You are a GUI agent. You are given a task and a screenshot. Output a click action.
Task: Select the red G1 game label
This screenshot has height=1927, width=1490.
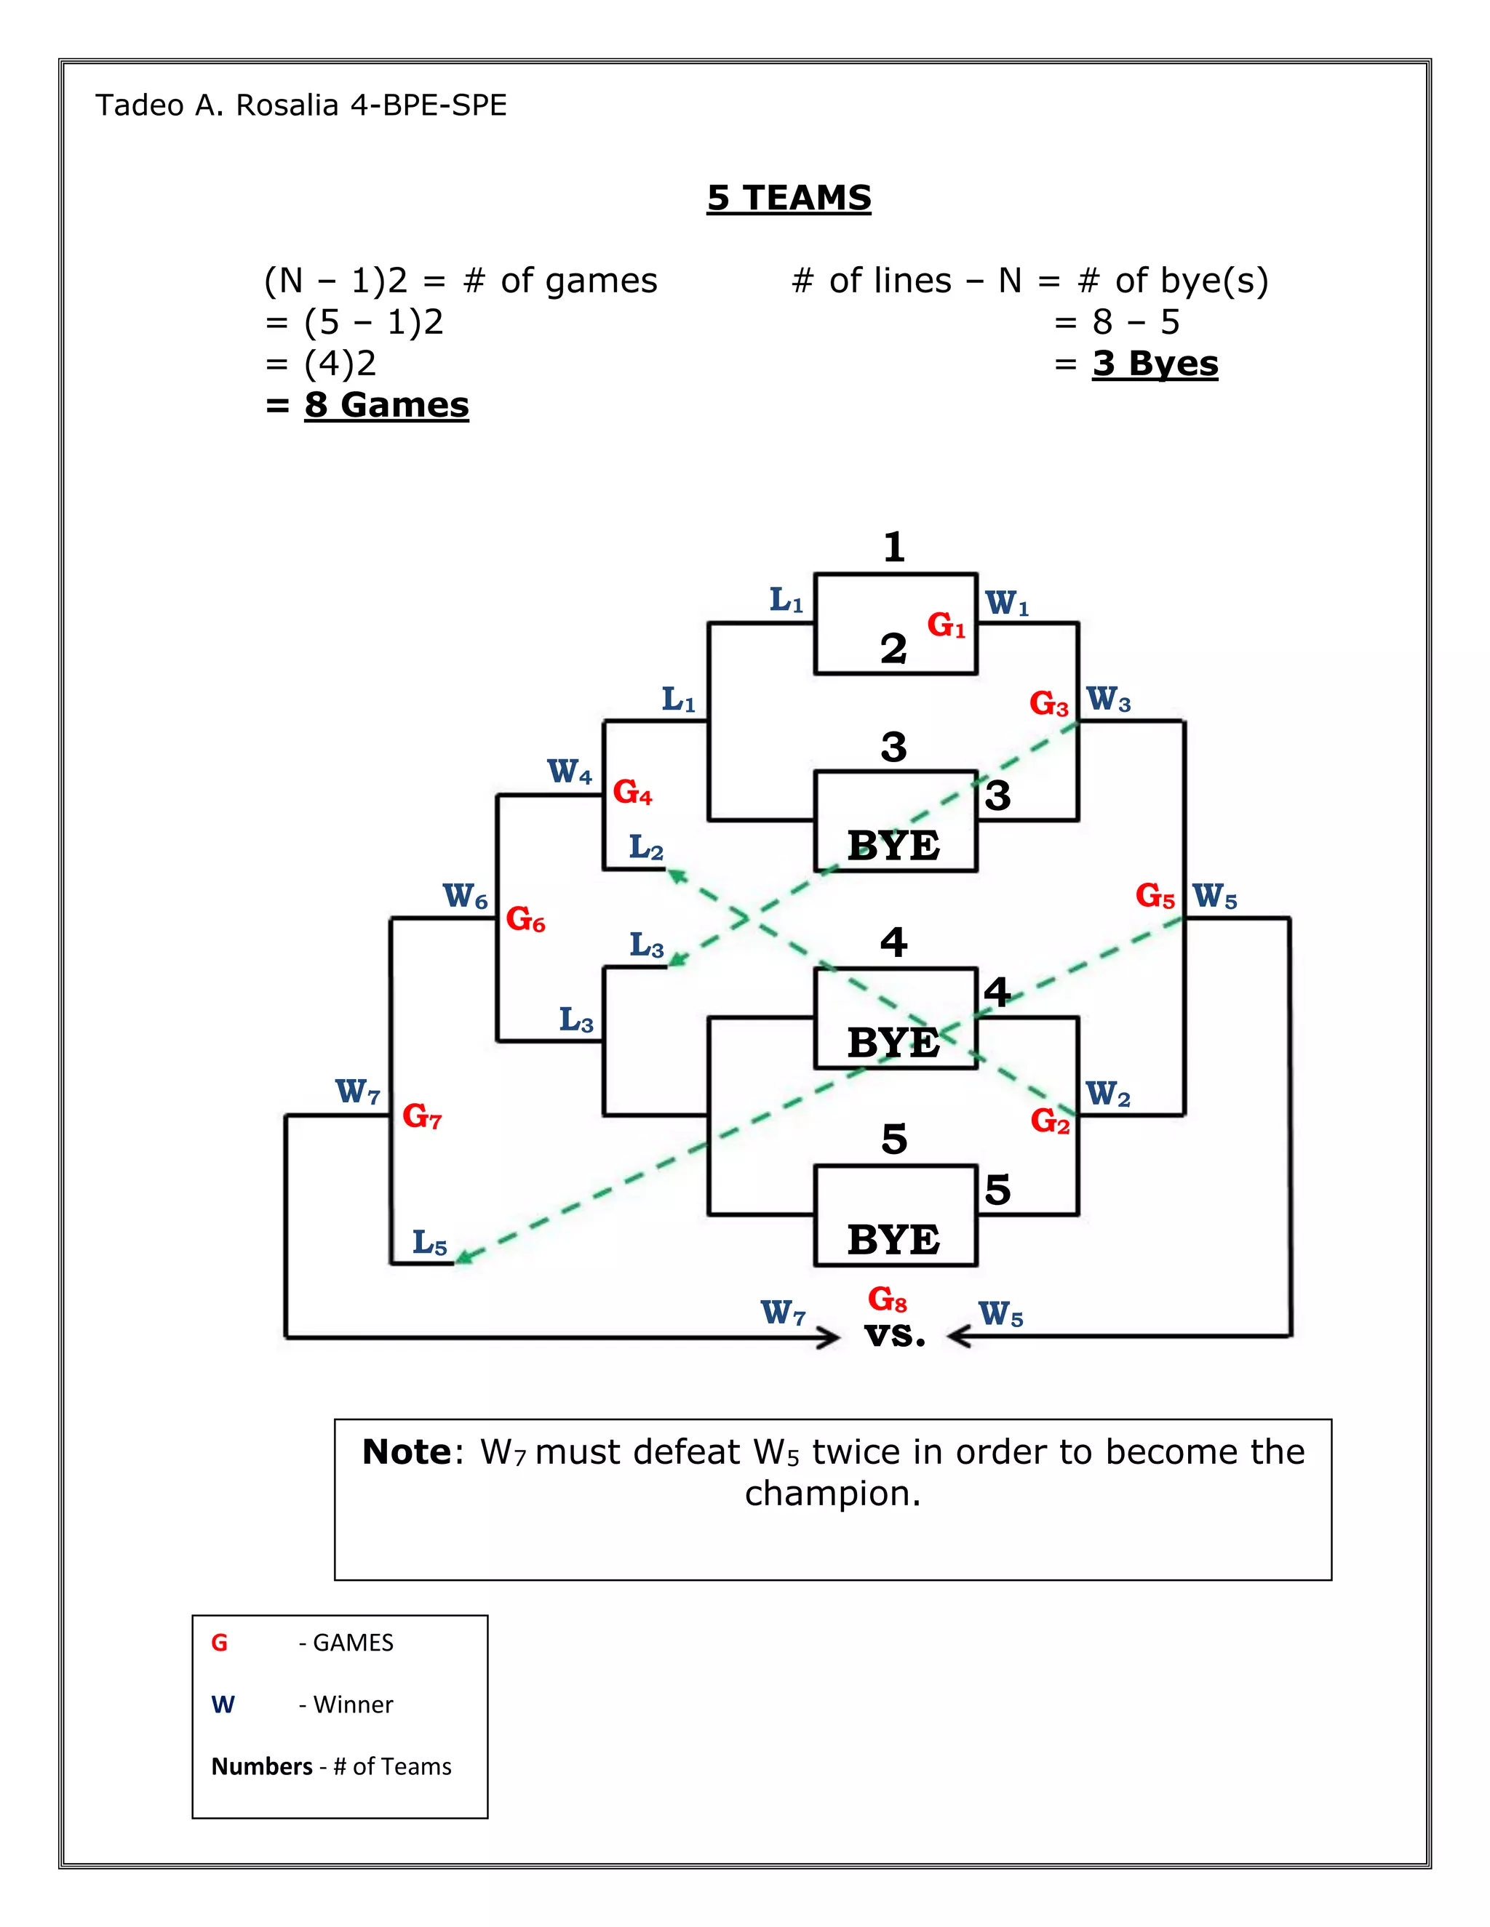tap(945, 625)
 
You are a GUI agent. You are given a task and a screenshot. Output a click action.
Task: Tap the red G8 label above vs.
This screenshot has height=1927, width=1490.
tap(886, 1299)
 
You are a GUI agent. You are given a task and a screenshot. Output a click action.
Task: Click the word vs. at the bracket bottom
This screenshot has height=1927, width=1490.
tap(895, 1335)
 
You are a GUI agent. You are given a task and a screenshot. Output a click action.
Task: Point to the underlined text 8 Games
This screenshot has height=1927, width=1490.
tap(386, 405)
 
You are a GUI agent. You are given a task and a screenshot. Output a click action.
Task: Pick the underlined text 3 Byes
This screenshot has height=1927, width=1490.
tap(1155, 364)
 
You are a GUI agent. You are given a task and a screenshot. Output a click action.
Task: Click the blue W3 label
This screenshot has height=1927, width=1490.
tap(1108, 700)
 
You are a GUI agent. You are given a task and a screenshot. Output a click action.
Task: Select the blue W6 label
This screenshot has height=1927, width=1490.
tap(465, 897)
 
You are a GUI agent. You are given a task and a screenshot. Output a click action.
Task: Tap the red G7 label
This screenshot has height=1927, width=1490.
tap(421, 1116)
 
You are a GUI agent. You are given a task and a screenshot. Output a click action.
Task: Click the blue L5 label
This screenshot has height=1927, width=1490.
tap(430, 1243)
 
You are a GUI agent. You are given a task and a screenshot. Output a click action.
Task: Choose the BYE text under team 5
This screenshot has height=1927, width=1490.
tap(893, 1240)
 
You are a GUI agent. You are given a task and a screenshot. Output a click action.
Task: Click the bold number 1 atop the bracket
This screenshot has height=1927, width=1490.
tap(893, 547)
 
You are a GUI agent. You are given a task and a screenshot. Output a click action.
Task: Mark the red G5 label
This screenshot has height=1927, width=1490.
tap(1155, 897)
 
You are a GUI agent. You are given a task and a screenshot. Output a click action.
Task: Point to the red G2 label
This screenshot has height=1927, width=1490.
tap(1050, 1121)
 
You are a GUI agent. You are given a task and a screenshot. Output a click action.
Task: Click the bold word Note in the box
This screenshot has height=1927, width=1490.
tap(406, 1452)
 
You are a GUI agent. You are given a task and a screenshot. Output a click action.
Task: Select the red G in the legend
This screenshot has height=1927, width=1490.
tap(219, 1643)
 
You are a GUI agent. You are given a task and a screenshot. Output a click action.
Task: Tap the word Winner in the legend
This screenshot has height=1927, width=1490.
tap(353, 1704)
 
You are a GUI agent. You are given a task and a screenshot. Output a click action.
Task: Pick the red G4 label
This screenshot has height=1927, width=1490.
tap(632, 791)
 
